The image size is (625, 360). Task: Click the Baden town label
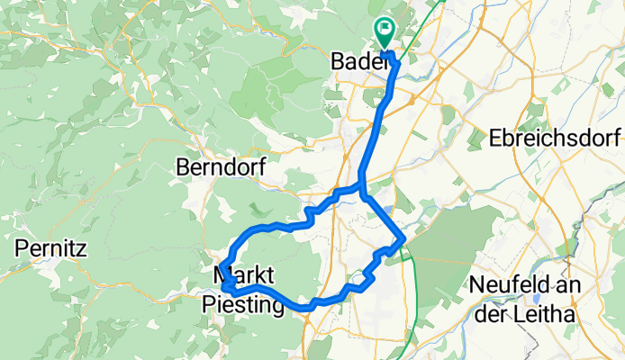(359, 62)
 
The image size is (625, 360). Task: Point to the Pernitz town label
(50, 247)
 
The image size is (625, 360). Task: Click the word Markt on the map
(244, 273)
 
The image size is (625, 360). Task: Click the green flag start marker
(385, 33)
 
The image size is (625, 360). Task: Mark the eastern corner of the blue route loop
(405, 238)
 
